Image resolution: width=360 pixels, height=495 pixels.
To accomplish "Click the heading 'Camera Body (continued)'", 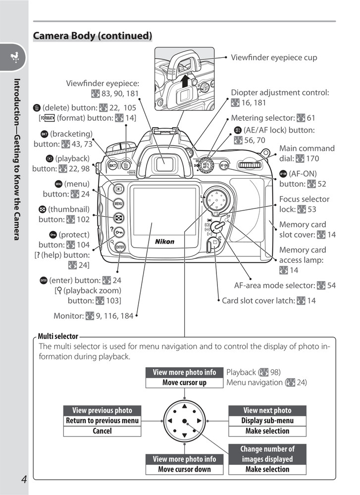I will tap(92, 36).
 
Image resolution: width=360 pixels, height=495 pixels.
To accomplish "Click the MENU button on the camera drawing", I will tap(119, 203).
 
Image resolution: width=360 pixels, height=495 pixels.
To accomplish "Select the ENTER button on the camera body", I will tap(120, 247).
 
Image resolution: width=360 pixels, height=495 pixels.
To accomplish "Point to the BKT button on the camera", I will tap(113, 165).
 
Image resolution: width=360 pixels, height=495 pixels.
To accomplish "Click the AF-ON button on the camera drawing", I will tap(224, 165).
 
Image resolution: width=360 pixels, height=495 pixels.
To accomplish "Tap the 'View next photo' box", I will tap(267, 410).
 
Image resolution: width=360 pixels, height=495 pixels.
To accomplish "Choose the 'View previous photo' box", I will tap(102, 410).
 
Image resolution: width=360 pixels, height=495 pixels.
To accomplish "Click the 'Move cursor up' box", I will tap(184, 383).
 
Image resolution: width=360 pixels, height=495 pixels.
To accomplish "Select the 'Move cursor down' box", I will tap(184, 469).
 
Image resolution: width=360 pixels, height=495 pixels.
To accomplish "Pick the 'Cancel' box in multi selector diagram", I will tap(102, 431).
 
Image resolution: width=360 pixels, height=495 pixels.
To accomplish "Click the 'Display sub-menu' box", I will tap(267, 421).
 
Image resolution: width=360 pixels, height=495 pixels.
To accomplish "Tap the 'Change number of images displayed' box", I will tap(267, 454).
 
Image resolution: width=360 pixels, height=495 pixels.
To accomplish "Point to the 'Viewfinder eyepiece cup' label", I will tap(274, 57).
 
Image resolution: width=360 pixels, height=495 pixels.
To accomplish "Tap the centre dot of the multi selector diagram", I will tap(184, 421).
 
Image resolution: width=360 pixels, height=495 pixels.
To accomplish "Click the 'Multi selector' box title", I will tap(58, 337).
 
